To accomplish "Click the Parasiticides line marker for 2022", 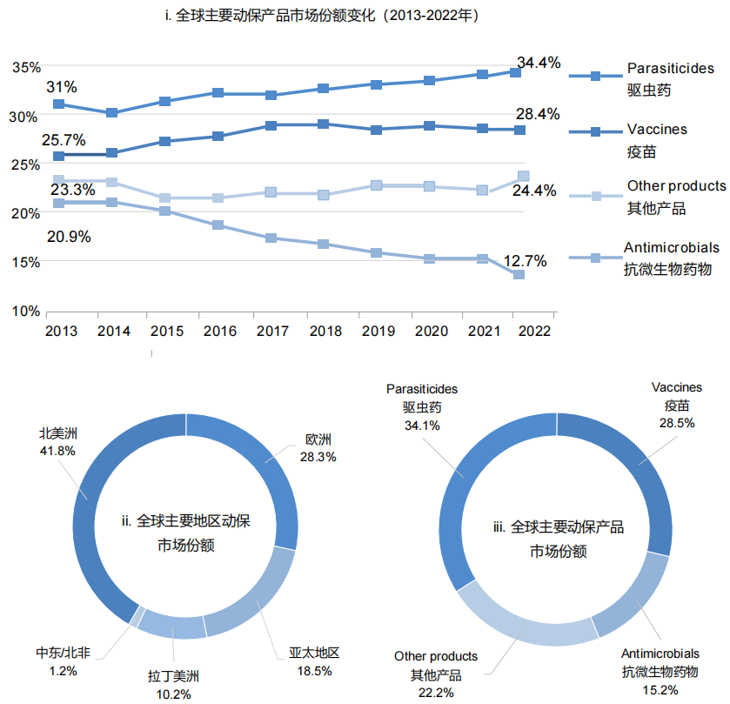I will pyautogui.click(x=515, y=72).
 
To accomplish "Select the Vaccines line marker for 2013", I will pyautogui.click(x=58, y=156).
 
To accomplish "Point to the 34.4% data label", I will pyautogui.click(x=539, y=63).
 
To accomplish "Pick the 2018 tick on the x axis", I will pyautogui.click(x=325, y=332).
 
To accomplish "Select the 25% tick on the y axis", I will pyautogui.click(x=26, y=164).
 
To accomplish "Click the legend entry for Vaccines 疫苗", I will pyautogui.click(x=657, y=139).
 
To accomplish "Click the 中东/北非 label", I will pyautogui.click(x=63, y=654).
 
